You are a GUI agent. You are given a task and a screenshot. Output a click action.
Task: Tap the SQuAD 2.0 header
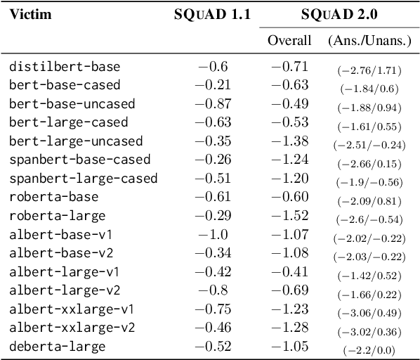coord(339,15)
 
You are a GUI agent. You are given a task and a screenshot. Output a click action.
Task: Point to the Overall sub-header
coord(289,40)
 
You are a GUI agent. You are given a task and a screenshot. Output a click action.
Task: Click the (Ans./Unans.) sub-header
coord(369,40)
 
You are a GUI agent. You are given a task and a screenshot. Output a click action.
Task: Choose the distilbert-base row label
coord(65,67)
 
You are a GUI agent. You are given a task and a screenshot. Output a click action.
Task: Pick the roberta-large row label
coord(58,214)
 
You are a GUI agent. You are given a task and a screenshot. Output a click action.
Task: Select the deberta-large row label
coord(58,346)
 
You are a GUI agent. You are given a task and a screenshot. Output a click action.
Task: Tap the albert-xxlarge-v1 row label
coord(72,309)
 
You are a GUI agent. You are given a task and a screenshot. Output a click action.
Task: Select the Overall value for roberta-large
coord(289,214)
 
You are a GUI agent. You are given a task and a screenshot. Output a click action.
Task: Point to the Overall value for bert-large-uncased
coord(289,141)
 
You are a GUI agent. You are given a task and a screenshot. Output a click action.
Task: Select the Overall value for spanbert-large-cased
coord(289,178)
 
